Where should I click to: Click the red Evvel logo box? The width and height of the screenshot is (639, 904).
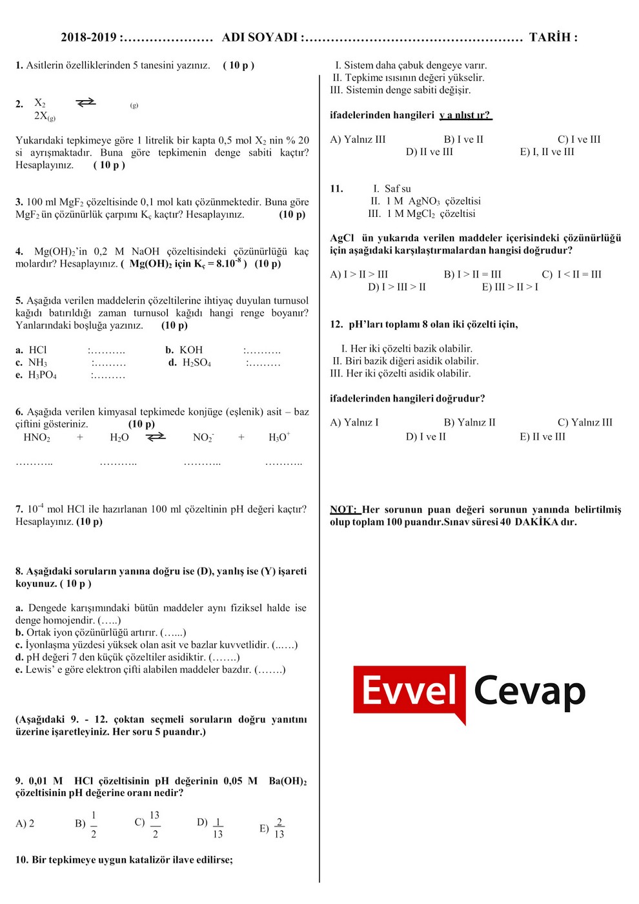click(x=409, y=690)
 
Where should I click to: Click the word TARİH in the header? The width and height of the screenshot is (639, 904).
click(x=549, y=37)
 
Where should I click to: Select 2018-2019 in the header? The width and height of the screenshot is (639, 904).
click(x=88, y=37)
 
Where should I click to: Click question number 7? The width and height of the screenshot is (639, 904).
click(x=19, y=509)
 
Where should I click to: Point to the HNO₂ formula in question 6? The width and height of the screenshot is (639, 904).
click(x=37, y=438)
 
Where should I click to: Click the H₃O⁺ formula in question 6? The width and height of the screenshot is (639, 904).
click(x=279, y=438)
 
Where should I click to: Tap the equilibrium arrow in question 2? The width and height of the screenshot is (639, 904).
click(x=85, y=103)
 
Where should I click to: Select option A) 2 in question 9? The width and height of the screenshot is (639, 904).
click(x=25, y=824)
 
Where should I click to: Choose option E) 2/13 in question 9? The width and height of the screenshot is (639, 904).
click(x=272, y=828)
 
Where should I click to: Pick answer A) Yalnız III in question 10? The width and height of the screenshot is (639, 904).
click(x=358, y=139)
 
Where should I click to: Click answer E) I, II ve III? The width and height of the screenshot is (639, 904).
click(x=547, y=152)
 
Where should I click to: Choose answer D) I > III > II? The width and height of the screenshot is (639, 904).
click(x=397, y=287)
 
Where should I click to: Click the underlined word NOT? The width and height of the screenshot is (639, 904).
click(x=343, y=510)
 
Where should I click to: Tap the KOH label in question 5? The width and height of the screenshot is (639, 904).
click(x=190, y=350)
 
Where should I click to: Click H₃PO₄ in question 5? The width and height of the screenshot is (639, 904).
click(x=42, y=375)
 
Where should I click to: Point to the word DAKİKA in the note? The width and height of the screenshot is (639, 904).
click(x=537, y=522)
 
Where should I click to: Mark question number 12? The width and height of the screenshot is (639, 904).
click(x=336, y=325)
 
